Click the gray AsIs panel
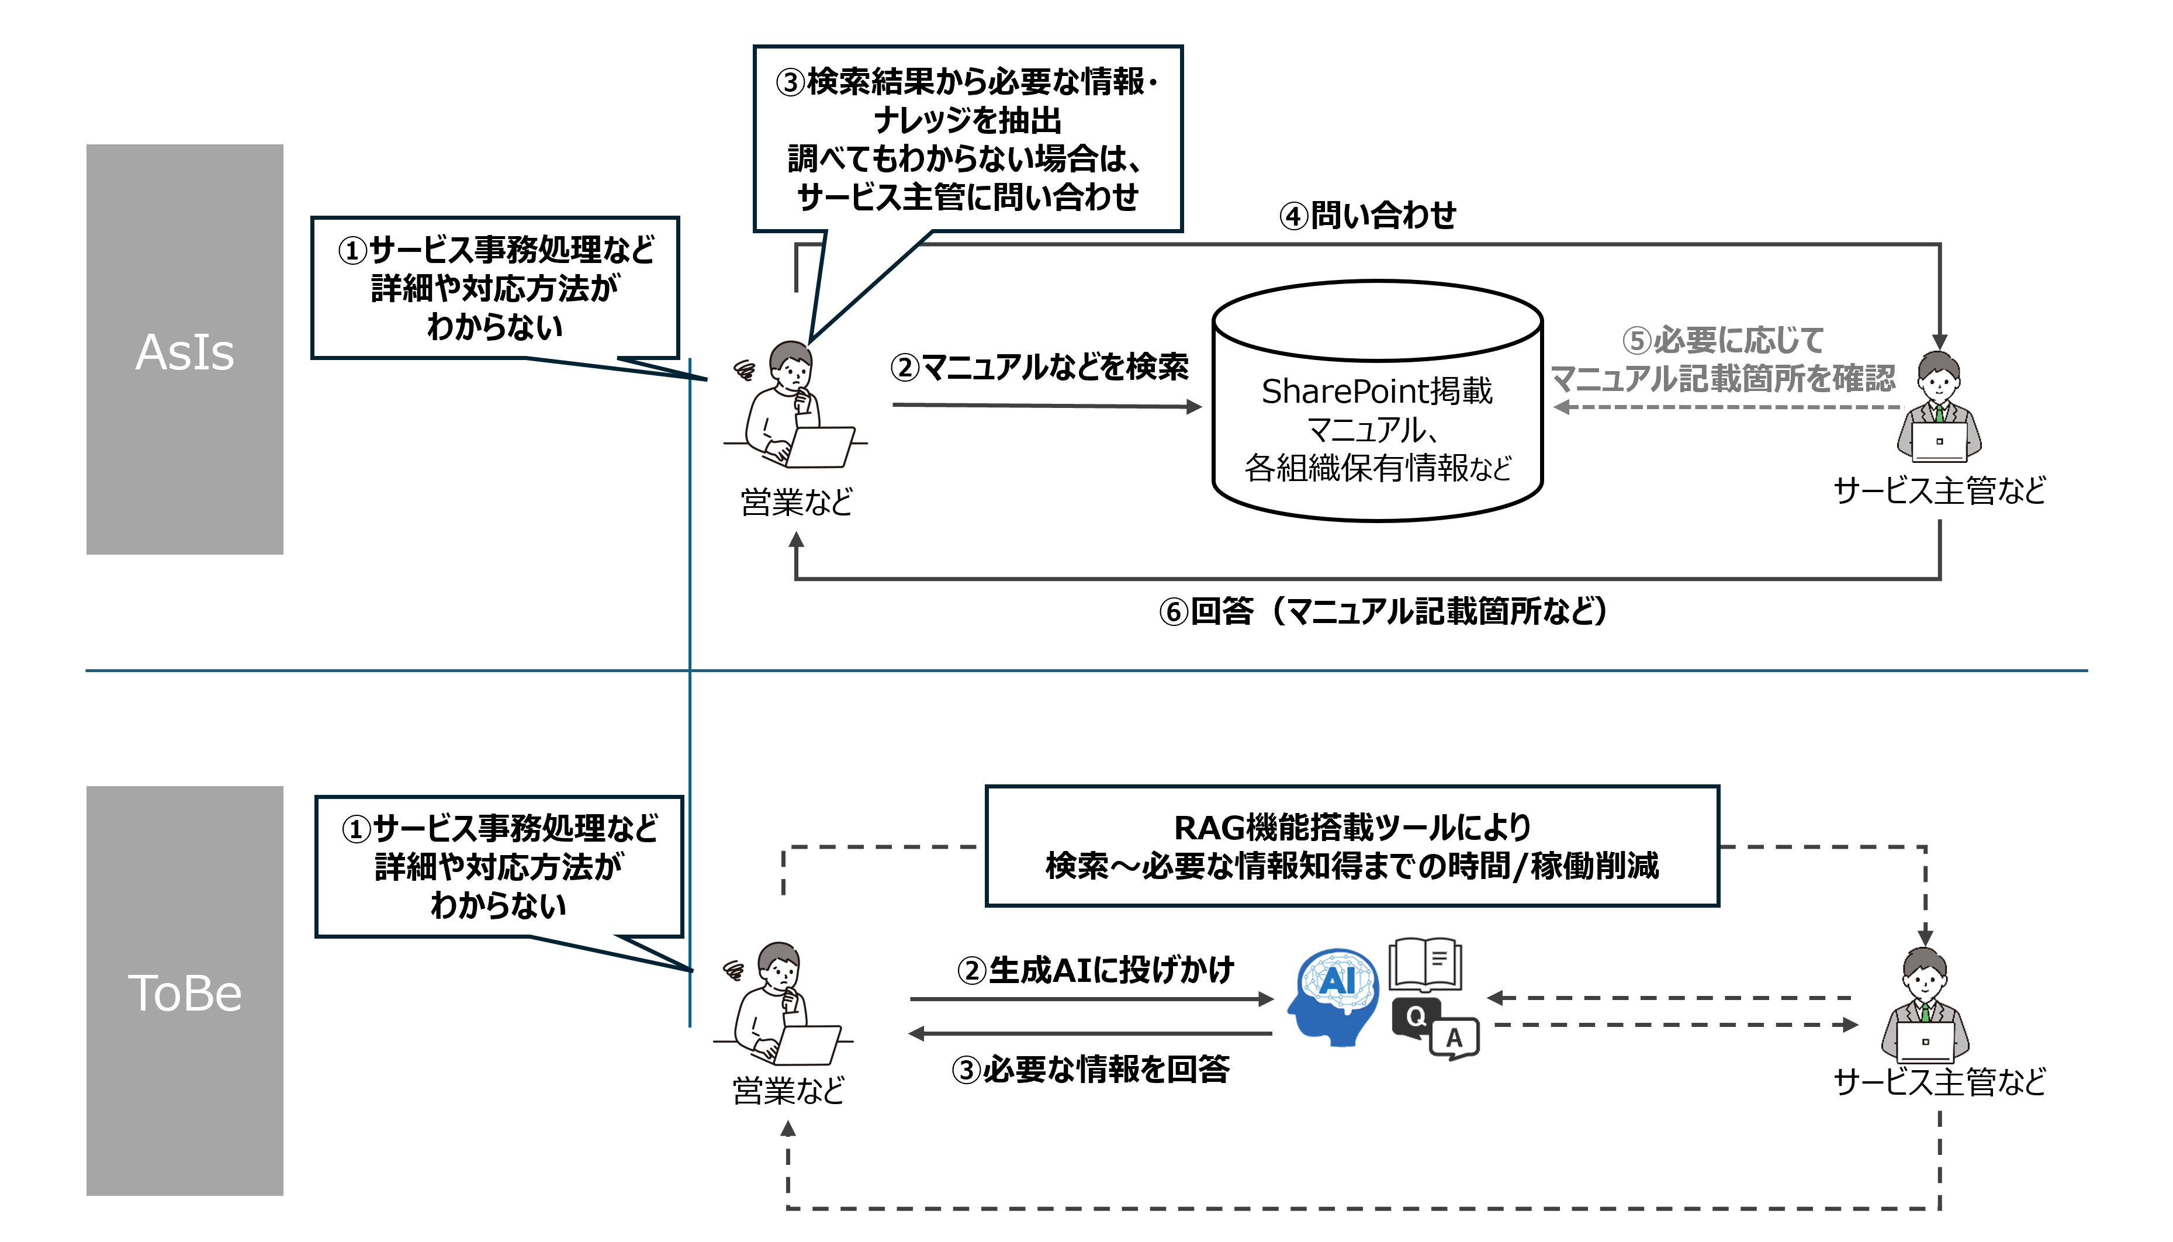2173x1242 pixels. (184, 349)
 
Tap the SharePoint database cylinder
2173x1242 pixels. (1378, 401)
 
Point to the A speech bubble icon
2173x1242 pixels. (1455, 1038)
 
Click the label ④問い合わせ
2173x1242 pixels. (1368, 216)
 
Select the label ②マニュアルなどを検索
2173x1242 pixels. (1039, 367)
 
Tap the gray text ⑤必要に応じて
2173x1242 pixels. (1723, 340)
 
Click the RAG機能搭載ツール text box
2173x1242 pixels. (1352, 846)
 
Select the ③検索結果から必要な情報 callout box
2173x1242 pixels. (968, 138)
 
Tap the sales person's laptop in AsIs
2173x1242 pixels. (819, 447)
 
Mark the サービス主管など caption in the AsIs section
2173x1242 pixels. (1939, 490)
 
